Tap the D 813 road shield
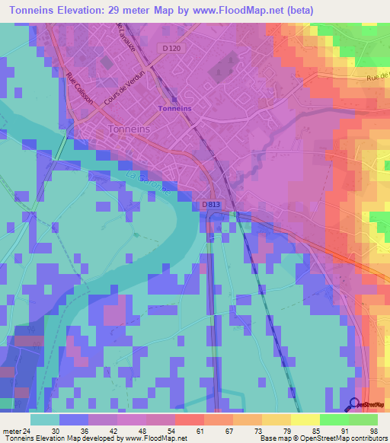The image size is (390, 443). click(x=213, y=205)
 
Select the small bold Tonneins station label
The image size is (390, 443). click(x=174, y=108)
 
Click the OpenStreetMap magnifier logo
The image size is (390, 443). click(x=354, y=404)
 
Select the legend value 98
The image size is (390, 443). click(x=372, y=430)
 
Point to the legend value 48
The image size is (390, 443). click(x=133, y=430)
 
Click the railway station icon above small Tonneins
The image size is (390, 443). click(x=174, y=98)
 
